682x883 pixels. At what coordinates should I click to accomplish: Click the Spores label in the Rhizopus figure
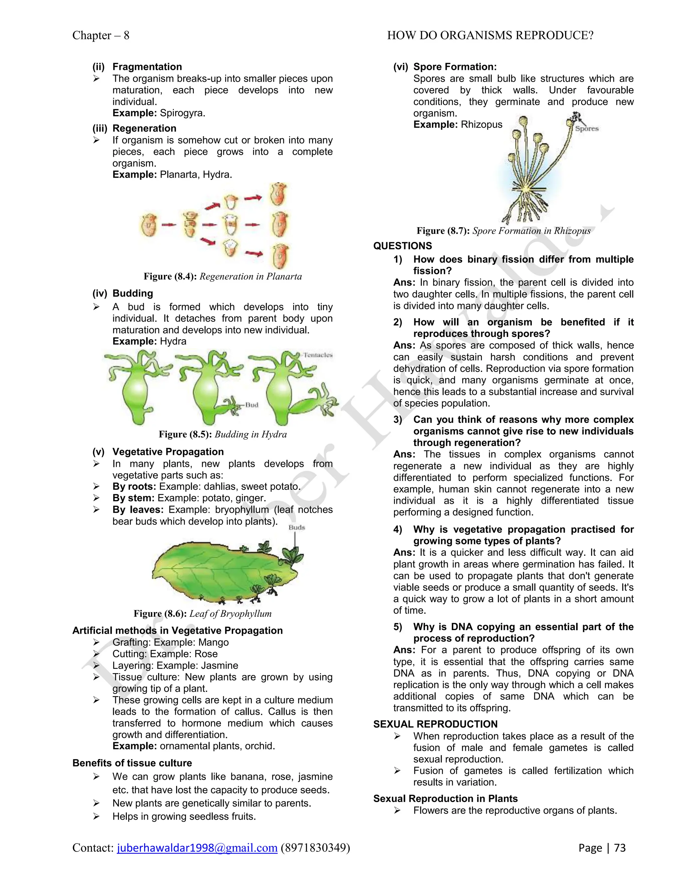(x=587, y=129)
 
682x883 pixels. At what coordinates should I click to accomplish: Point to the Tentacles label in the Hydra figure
(x=318, y=355)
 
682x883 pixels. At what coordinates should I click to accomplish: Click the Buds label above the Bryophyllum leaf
(x=297, y=527)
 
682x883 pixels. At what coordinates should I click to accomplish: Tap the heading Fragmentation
(x=147, y=67)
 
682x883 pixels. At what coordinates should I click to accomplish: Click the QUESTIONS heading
(x=402, y=246)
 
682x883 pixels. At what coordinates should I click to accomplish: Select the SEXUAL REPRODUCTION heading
(x=435, y=724)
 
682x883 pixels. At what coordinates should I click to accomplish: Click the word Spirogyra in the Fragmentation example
(x=182, y=113)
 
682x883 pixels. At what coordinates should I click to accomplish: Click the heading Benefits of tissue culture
(x=132, y=763)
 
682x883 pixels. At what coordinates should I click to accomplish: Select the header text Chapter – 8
(x=101, y=36)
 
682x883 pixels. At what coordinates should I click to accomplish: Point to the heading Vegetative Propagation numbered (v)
(x=168, y=451)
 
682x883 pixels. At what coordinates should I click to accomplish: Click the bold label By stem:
(x=133, y=498)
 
